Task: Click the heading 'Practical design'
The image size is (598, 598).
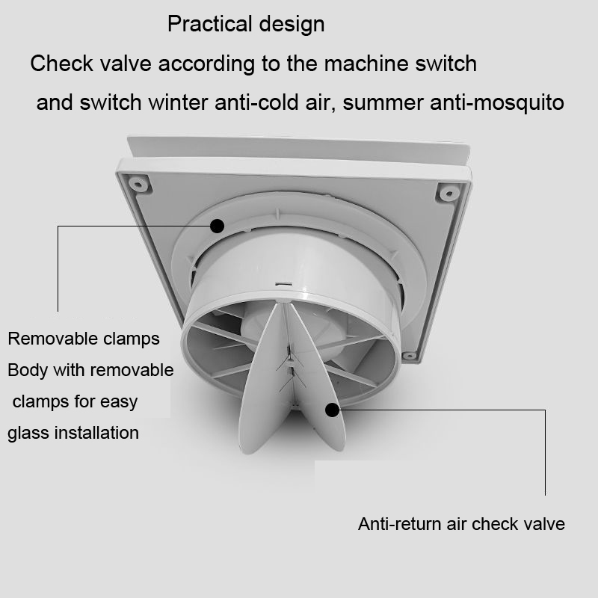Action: tap(246, 24)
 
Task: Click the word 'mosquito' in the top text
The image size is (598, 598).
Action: tap(520, 102)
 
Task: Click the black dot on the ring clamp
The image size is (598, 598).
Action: tap(218, 225)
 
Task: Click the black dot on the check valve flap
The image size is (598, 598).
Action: tap(332, 408)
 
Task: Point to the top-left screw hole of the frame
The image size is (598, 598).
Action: tap(137, 182)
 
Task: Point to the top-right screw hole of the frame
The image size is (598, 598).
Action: tap(448, 193)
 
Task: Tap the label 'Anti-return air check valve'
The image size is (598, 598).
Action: tap(461, 524)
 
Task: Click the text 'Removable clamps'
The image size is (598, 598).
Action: tap(84, 339)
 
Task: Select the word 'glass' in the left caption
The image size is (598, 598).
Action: tap(30, 433)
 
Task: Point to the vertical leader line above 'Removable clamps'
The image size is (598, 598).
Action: tap(58, 269)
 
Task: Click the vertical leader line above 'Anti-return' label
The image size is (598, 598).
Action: tap(545, 449)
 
